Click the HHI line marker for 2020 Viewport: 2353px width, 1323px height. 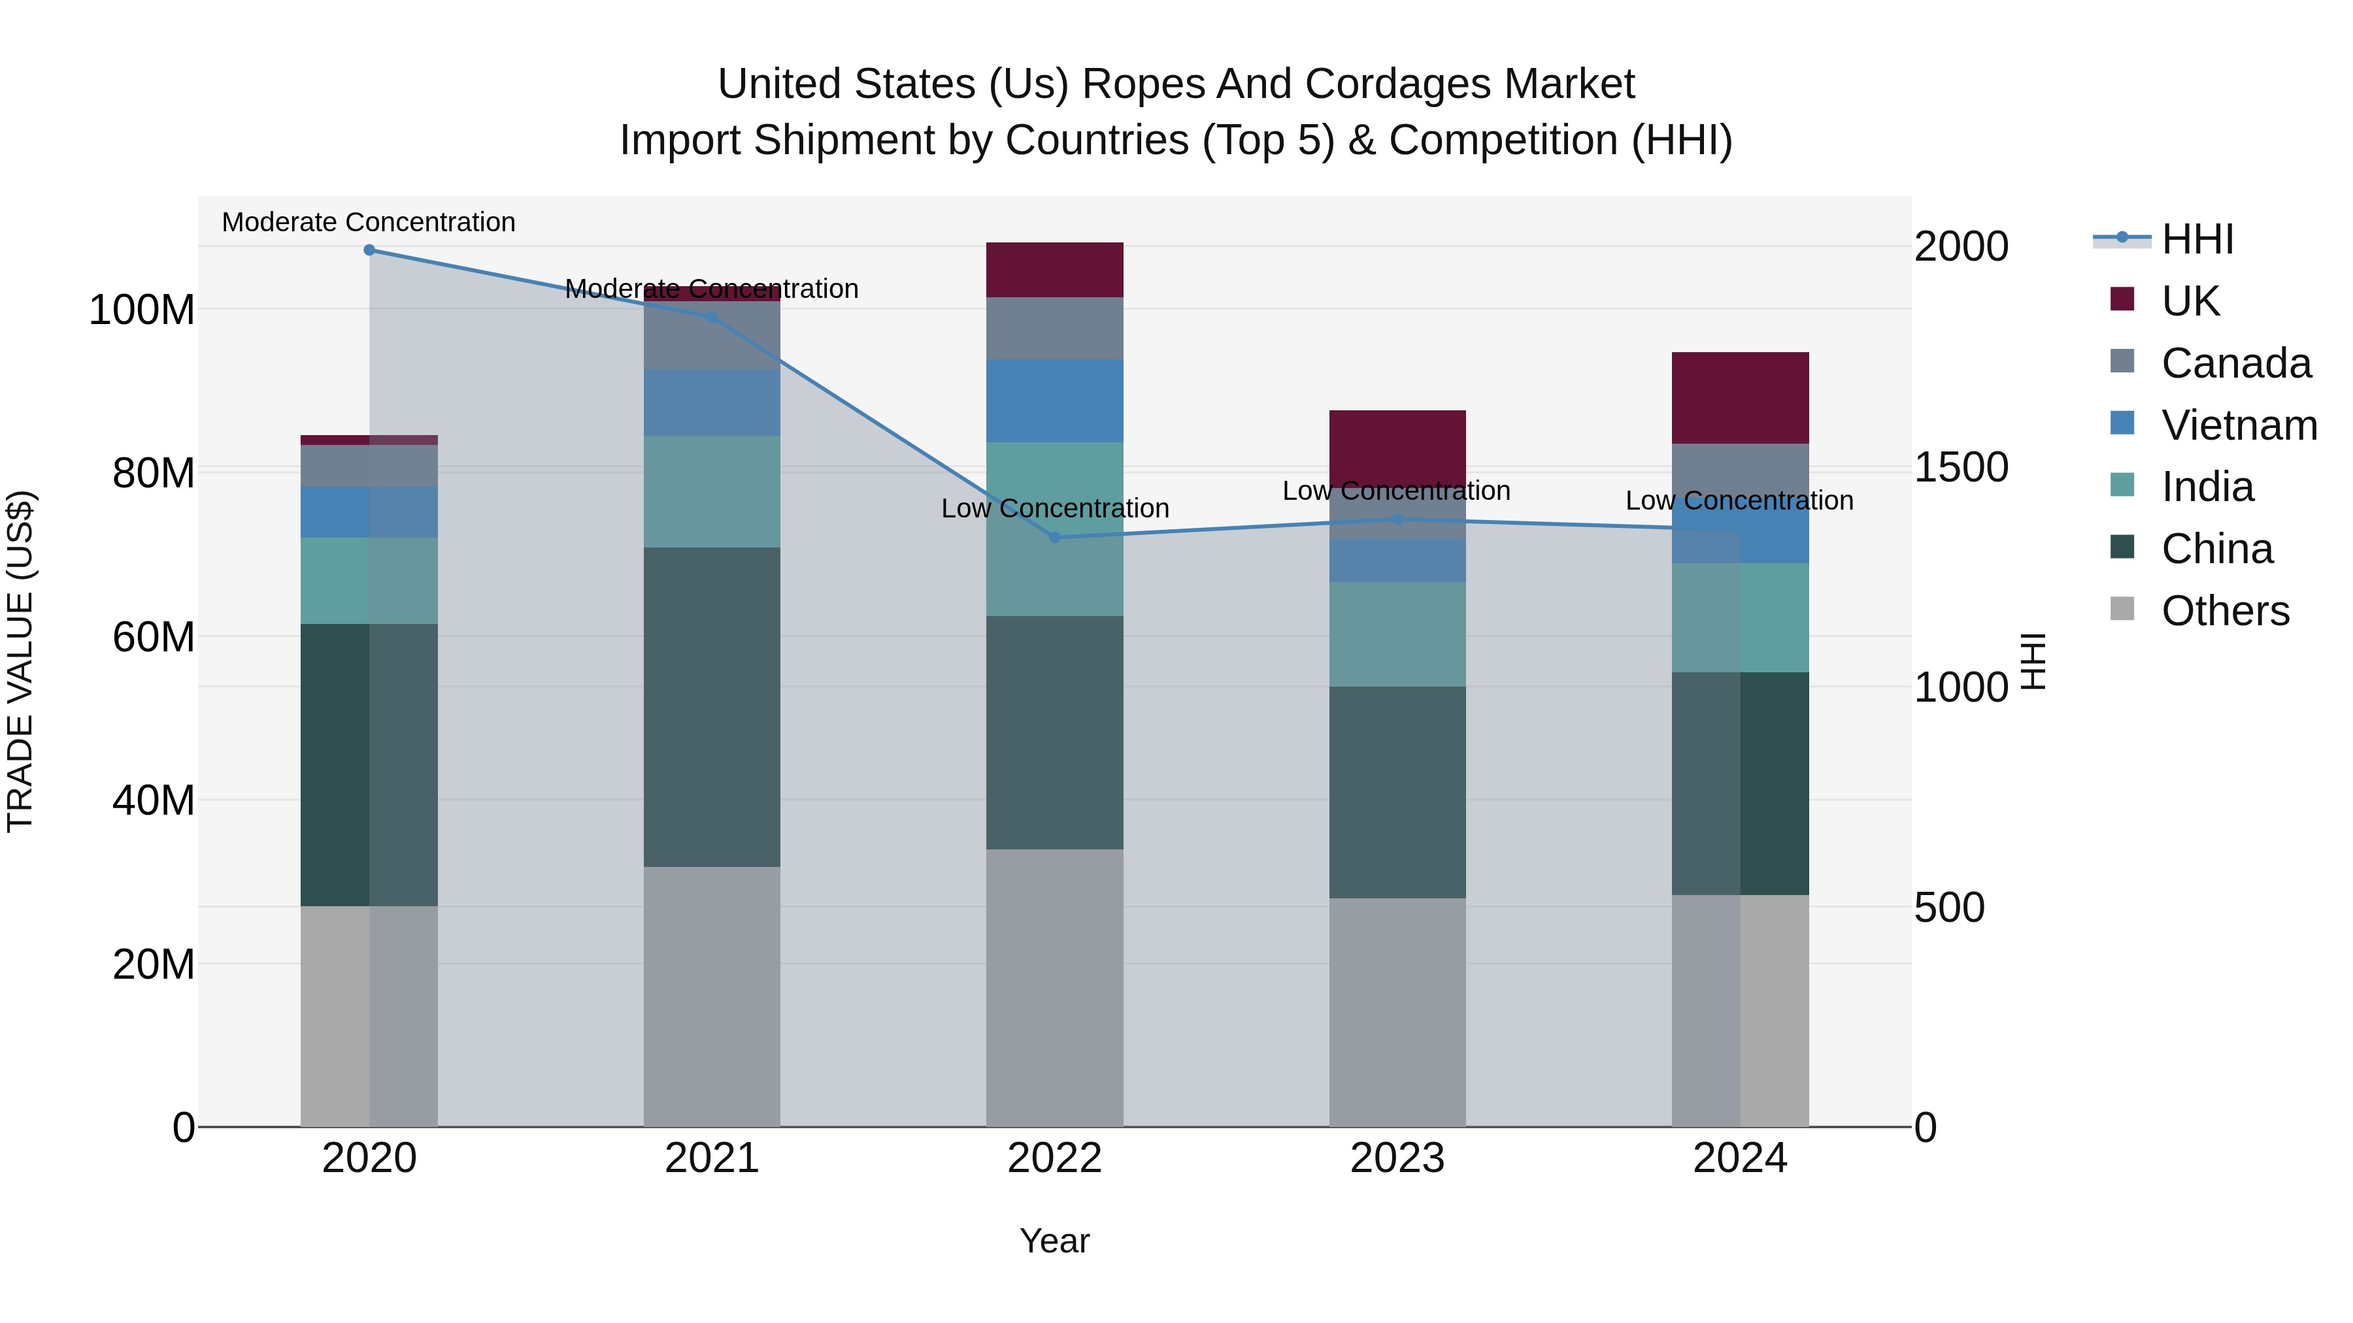(369, 250)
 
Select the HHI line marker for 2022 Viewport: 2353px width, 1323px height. (1054, 538)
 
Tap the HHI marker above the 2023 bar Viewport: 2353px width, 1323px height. (1397, 519)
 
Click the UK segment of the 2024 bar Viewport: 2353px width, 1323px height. (1739, 398)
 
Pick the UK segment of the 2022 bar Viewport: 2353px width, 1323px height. (1054, 270)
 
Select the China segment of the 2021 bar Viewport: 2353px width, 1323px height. (712, 707)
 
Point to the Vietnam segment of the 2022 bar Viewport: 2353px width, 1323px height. (1054, 401)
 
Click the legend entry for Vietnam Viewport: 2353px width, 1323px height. (2238, 425)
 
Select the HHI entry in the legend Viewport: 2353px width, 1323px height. (2197, 239)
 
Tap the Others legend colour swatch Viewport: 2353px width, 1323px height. (2122, 609)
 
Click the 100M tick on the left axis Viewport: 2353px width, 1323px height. (142, 310)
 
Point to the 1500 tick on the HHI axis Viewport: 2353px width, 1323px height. (1960, 468)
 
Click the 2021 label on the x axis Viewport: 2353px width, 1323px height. (712, 1158)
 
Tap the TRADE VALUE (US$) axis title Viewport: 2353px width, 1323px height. (20, 661)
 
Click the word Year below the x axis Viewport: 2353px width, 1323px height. (1054, 1241)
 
